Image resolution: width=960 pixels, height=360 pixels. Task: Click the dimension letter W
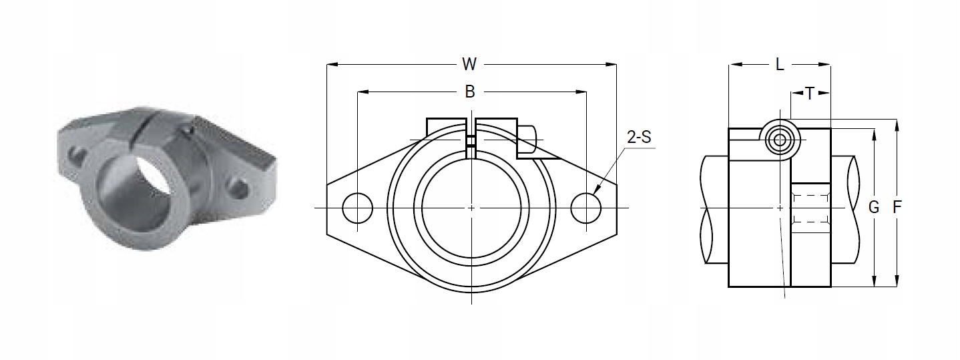point(470,64)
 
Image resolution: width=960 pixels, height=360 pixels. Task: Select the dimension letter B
point(470,92)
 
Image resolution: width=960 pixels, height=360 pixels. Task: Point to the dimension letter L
point(780,65)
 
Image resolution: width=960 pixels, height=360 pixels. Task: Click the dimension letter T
point(810,94)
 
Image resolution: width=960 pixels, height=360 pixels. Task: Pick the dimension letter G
point(873,208)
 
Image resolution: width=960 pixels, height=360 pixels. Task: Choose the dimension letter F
point(897,208)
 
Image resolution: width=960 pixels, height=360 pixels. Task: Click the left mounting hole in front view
point(357,208)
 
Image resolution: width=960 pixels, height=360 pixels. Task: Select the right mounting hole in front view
point(586,208)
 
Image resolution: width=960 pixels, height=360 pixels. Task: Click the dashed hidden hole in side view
point(810,208)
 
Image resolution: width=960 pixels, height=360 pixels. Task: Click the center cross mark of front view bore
point(471,208)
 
